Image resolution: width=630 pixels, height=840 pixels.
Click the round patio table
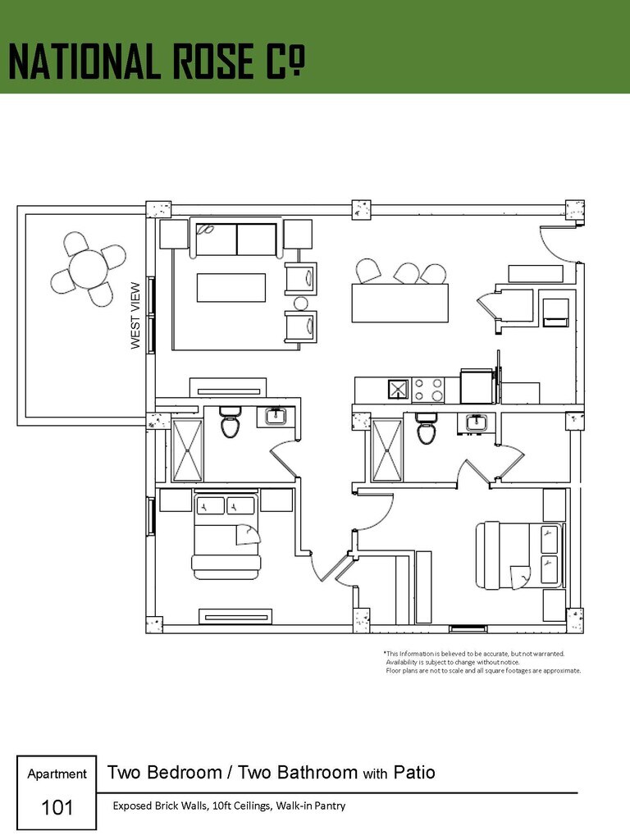coord(89,269)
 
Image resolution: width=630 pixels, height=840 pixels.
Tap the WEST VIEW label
coord(135,316)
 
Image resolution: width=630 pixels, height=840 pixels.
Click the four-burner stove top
coord(428,390)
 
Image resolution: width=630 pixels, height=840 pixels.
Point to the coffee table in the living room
coord(231,288)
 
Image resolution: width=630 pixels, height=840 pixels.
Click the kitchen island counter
coord(399,304)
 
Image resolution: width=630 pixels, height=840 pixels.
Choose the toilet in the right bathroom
coord(427,428)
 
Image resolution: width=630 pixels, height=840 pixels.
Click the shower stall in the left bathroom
coord(188,450)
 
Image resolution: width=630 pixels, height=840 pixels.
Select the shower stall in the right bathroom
coord(387,450)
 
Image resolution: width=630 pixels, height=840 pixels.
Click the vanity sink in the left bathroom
coord(276,416)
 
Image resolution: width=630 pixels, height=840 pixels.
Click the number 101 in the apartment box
coord(57,807)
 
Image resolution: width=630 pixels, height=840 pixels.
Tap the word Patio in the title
coord(414,773)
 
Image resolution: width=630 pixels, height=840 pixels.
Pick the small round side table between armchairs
coord(301,304)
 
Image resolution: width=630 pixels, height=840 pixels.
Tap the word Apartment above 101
coord(57,774)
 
